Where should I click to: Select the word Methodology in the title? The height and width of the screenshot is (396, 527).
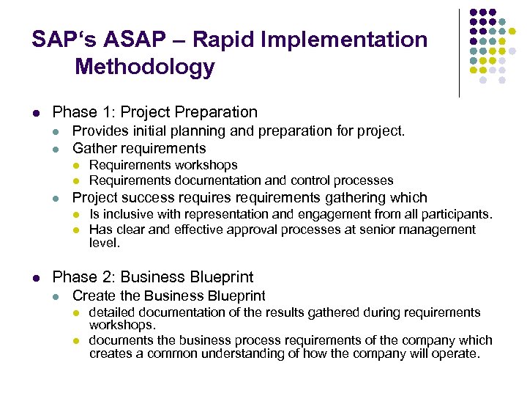(x=145, y=67)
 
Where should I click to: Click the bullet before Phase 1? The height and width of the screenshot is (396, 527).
(x=36, y=113)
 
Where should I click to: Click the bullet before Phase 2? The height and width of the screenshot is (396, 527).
(x=36, y=278)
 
